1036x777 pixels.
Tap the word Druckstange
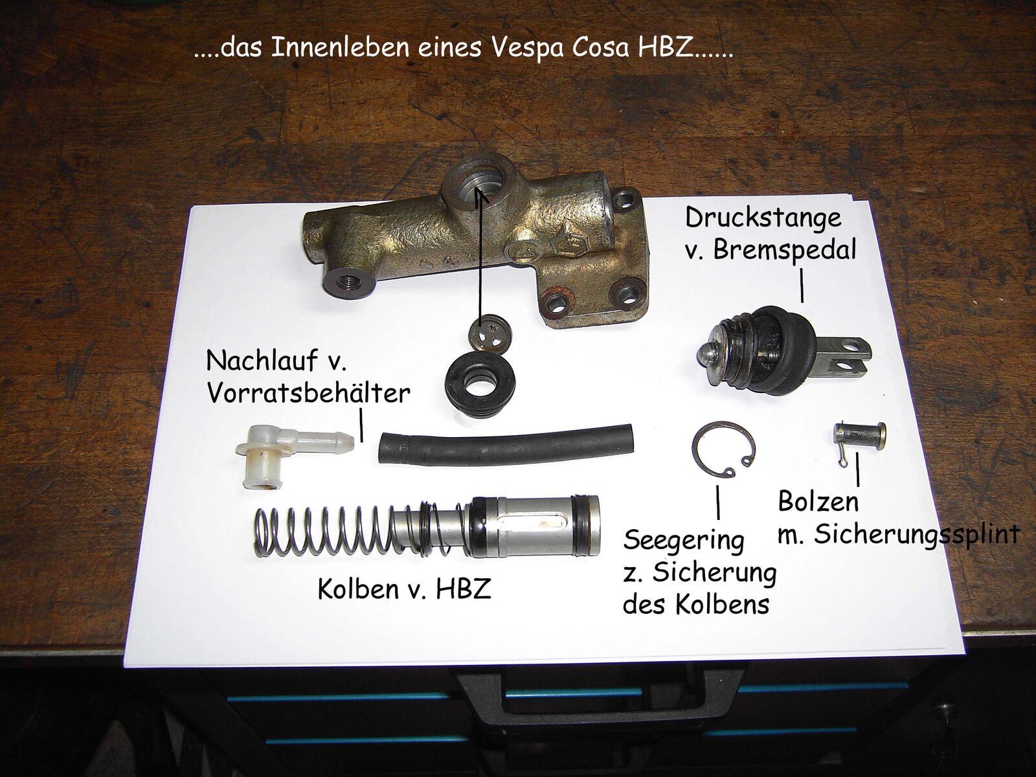(763, 218)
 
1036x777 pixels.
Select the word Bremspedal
(784, 249)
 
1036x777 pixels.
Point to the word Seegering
(683, 541)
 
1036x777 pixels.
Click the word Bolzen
(818, 501)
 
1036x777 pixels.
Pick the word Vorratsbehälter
(308, 393)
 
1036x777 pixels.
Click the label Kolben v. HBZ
(405, 589)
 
